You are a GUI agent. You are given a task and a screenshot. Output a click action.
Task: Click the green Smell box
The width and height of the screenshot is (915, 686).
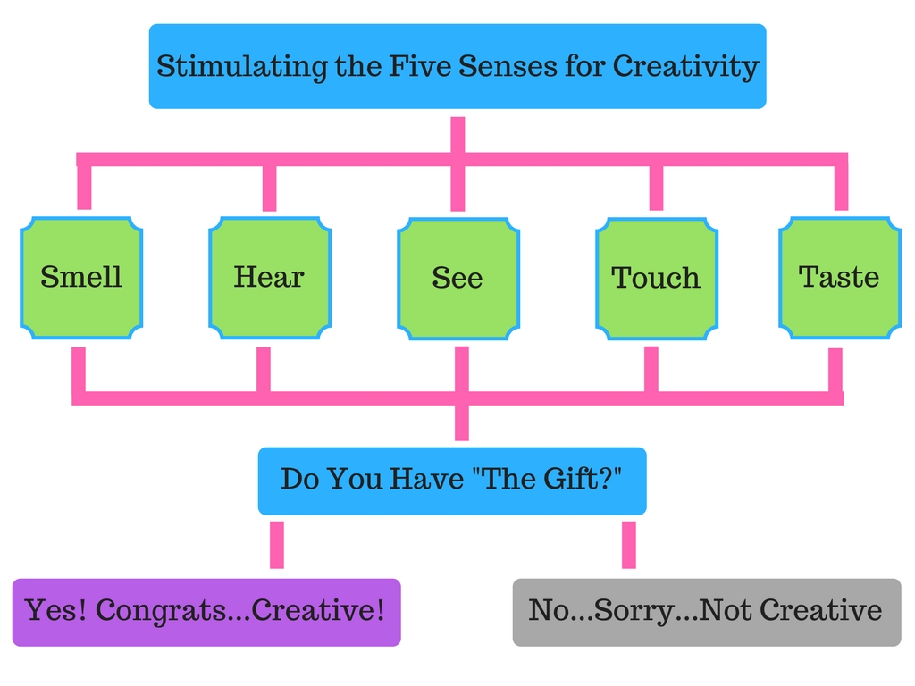[81, 278]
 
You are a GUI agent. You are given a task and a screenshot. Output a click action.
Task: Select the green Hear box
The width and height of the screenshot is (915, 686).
[270, 278]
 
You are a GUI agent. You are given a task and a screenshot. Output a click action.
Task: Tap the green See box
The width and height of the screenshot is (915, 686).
[458, 279]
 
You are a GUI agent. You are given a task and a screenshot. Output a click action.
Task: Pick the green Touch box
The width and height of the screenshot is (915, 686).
[657, 279]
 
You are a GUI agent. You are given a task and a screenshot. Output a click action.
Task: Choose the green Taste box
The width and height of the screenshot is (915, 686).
[840, 278]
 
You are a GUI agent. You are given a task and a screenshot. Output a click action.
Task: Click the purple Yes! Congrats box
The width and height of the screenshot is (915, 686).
[206, 612]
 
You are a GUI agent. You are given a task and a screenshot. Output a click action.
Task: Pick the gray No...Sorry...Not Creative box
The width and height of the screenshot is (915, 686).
[707, 612]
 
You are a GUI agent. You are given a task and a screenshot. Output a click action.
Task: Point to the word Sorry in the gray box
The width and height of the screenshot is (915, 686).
[625, 611]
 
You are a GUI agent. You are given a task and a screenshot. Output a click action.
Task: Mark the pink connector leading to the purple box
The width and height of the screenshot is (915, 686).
[277, 545]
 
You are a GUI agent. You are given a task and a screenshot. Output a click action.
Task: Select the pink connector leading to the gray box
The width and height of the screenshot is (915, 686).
[629, 545]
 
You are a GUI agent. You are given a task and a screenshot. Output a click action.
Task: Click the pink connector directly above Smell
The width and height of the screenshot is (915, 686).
[85, 188]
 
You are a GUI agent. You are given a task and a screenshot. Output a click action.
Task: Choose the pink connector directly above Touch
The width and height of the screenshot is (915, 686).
[656, 188]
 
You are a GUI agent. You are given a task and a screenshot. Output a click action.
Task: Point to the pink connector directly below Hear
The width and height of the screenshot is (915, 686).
[264, 369]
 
